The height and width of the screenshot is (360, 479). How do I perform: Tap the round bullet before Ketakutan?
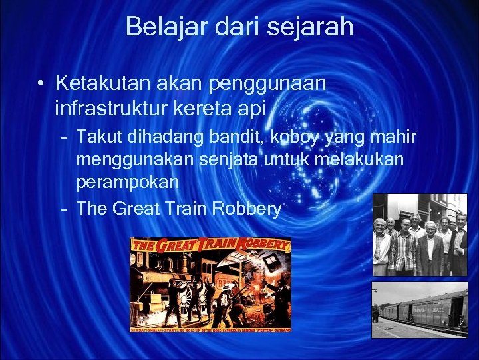[42, 85]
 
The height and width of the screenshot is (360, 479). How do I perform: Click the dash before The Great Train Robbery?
[63, 209]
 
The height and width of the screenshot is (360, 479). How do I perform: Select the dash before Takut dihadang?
[63, 138]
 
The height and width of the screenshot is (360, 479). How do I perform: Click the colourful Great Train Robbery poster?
[210, 284]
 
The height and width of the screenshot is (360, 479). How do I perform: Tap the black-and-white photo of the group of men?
[419, 235]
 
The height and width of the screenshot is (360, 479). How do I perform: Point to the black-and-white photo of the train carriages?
[419, 309]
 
